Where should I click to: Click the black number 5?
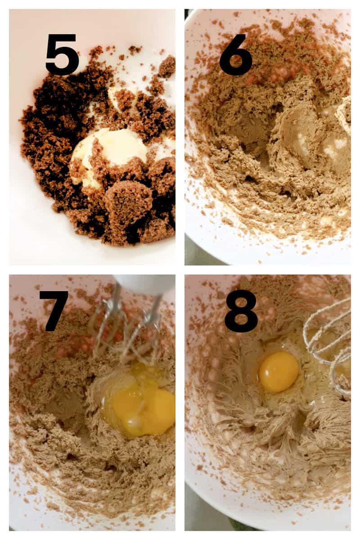tap(62, 54)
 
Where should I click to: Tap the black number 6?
tap(236, 54)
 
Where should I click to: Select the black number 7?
tap(54, 310)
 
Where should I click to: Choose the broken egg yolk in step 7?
tap(144, 405)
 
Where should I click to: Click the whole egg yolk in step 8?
tap(279, 371)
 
